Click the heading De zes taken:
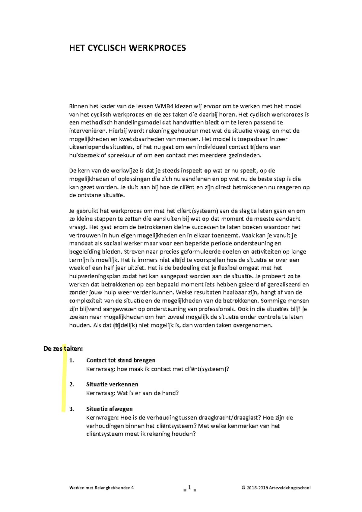point(63,349)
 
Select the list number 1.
point(71,360)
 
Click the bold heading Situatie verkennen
point(112,384)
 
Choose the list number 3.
point(71,409)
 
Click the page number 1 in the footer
point(189,488)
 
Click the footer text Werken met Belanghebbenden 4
point(101,488)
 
